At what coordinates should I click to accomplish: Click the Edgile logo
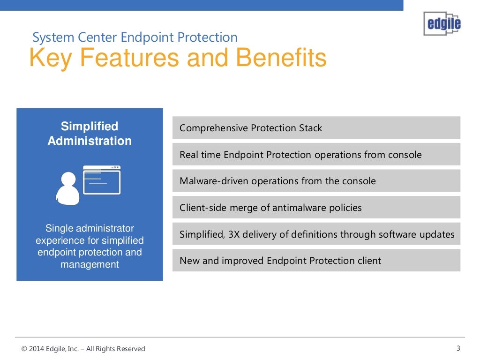(x=442, y=23)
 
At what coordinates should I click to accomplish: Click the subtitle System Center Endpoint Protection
(x=135, y=37)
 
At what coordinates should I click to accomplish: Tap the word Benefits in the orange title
(x=281, y=58)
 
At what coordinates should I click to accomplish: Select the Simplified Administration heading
(x=90, y=134)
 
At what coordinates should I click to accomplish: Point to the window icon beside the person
(x=102, y=180)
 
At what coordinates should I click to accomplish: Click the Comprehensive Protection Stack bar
(x=316, y=128)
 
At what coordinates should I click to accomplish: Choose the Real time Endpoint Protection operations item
(x=316, y=155)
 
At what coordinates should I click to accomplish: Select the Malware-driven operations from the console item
(x=316, y=181)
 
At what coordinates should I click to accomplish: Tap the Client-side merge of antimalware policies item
(x=316, y=208)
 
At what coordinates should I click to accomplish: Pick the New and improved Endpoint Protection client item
(x=316, y=261)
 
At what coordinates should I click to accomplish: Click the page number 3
(x=458, y=348)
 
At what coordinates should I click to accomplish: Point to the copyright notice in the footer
(x=83, y=349)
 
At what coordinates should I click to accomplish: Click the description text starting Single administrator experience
(x=90, y=247)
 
